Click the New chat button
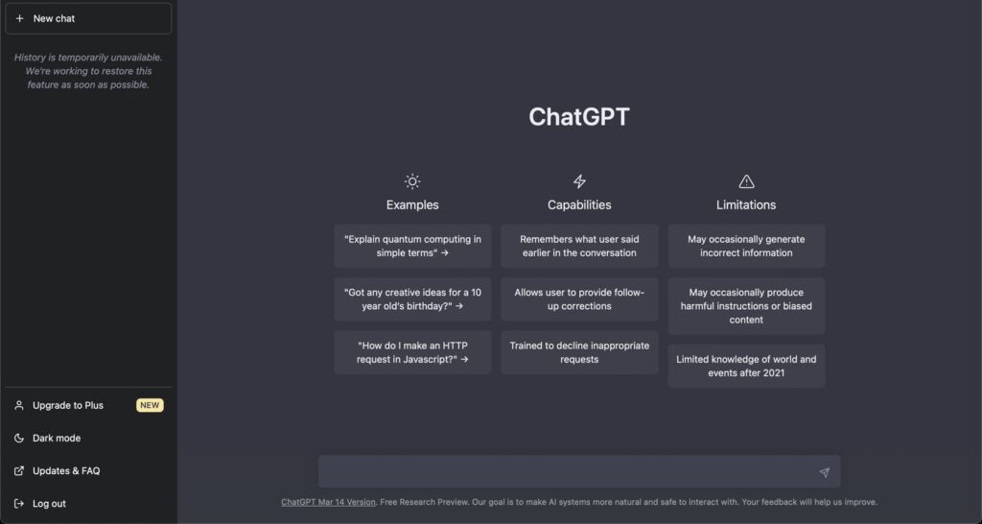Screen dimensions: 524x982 87,18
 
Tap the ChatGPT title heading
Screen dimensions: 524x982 579,117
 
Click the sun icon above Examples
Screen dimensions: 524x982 412,181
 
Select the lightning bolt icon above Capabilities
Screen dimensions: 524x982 579,181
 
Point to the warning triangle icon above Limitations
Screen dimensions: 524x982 746,181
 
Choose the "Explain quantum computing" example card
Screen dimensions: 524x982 412,246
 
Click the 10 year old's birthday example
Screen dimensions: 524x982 412,299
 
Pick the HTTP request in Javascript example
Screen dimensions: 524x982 412,352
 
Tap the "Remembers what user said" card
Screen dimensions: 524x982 579,246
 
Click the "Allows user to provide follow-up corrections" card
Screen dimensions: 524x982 579,299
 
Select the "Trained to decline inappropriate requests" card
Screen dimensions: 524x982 579,352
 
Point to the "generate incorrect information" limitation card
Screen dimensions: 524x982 746,246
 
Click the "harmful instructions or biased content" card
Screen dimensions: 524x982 746,306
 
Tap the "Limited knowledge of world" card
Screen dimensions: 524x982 746,366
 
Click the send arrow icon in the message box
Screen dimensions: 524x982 824,472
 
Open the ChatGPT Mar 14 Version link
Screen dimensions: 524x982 328,502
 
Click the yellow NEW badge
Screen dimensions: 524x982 150,405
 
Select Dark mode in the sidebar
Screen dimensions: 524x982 57,438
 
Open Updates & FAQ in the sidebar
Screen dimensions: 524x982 66,470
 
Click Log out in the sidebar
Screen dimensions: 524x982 49,503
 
